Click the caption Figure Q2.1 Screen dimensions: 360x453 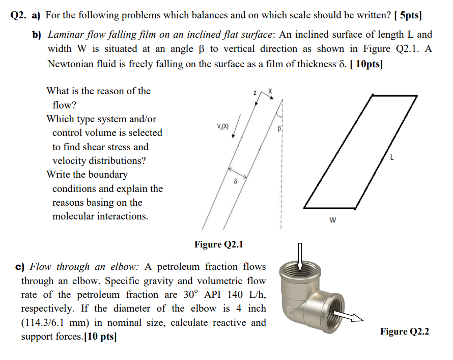[x=219, y=245]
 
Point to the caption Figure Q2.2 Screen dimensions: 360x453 [x=404, y=331]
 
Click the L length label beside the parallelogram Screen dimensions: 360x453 [x=391, y=158]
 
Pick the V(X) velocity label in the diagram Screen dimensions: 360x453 [x=222, y=126]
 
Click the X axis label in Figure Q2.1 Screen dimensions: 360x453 [x=271, y=91]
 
